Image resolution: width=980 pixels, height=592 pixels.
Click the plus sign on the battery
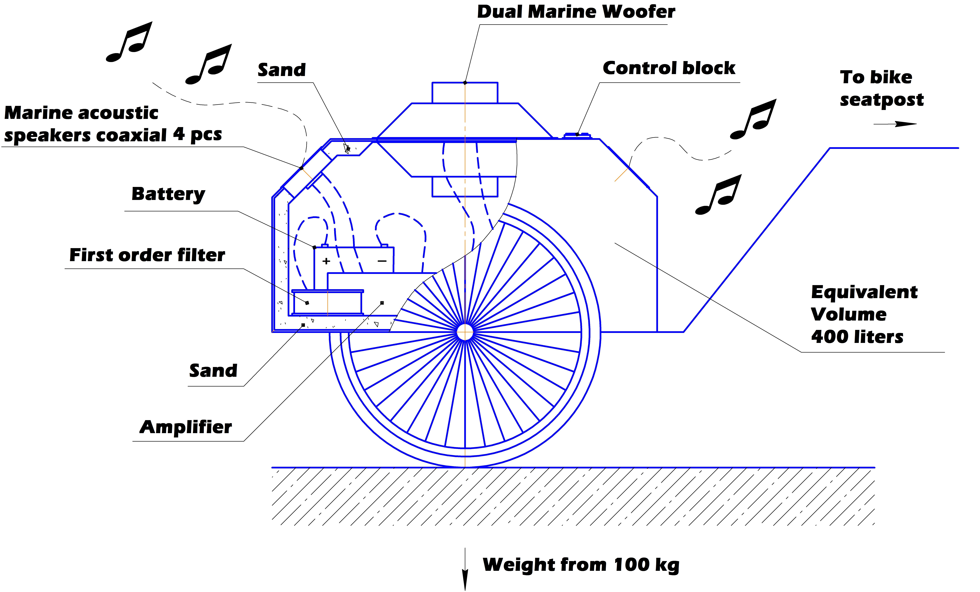click(326, 261)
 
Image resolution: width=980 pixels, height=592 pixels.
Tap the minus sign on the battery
click(382, 261)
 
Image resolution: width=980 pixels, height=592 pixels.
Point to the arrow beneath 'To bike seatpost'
click(895, 124)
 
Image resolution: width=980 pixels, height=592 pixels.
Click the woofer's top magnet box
click(465, 93)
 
